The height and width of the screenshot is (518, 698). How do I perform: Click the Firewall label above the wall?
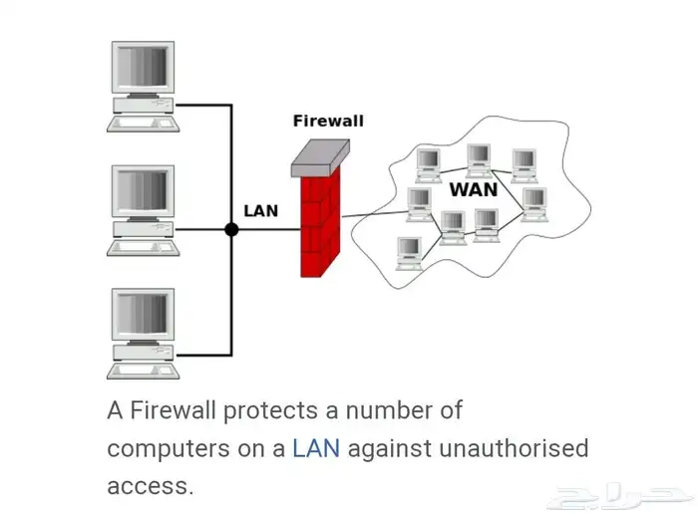pos(328,121)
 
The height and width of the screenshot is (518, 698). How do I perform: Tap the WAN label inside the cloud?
pos(474,189)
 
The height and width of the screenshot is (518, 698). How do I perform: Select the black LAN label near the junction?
pos(261,211)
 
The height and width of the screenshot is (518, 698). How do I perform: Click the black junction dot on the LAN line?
pos(231,229)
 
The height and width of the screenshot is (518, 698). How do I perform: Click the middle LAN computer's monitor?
pos(143,191)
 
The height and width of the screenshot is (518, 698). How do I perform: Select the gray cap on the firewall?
pos(321,156)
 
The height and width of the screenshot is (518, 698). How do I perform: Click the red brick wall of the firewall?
pos(320,224)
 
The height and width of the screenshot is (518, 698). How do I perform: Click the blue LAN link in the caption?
pos(316,448)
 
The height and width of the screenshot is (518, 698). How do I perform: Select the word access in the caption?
pos(149,486)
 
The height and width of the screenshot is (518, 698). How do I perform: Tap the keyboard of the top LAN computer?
pos(143,125)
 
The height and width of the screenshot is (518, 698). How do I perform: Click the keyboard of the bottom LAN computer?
pos(143,372)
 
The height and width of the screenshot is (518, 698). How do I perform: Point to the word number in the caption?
pos(391,410)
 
